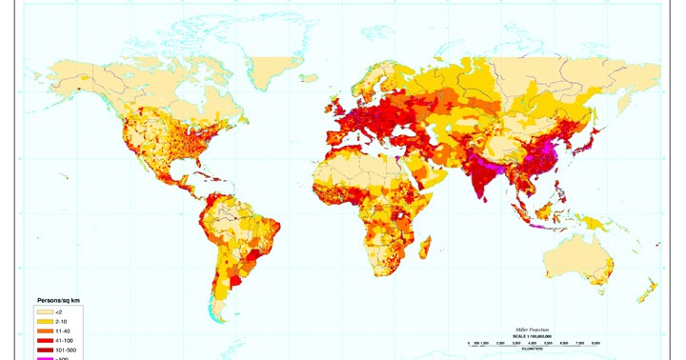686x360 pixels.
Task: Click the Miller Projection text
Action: coord(535,327)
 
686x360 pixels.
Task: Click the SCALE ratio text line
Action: coord(535,333)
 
